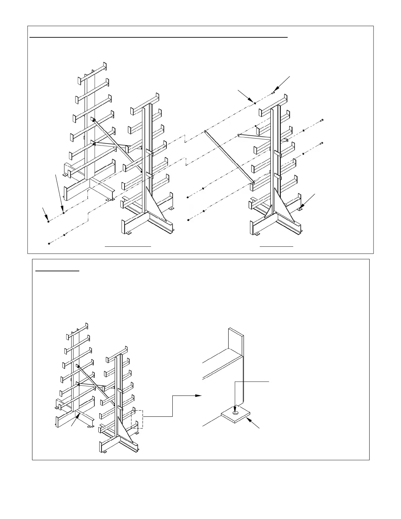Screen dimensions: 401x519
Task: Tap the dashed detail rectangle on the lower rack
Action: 137,419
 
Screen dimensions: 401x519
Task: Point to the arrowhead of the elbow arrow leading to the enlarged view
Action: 200,396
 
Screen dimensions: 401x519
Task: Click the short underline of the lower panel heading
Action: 57,271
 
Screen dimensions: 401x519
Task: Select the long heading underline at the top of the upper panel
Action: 159,38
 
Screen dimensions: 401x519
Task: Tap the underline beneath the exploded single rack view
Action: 276,245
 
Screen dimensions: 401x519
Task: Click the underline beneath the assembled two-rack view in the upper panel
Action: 128,245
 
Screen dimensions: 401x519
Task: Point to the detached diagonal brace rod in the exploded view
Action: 229,156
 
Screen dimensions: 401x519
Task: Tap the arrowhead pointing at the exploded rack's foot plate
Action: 302,208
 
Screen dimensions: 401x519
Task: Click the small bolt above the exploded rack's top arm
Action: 273,93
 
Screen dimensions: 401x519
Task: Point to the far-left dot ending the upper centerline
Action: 48,222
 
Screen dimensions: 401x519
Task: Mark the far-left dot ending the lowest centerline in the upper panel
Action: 49,243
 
